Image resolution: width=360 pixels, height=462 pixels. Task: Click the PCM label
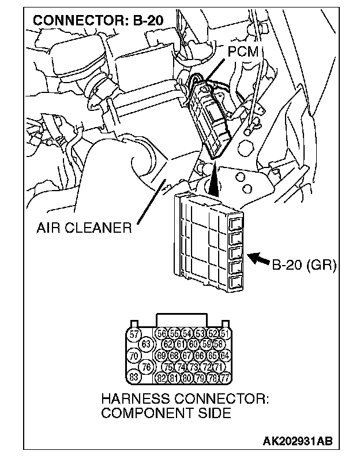tap(243, 53)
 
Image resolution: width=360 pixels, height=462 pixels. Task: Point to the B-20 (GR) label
tap(303, 265)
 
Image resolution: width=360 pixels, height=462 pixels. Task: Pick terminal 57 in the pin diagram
tap(134, 334)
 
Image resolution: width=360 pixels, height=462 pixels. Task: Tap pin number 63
tap(147, 345)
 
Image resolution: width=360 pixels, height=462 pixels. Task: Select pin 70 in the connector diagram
tap(134, 356)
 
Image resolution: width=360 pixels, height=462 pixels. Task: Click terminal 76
tap(147, 367)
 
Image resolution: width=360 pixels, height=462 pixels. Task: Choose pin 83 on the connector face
tap(134, 377)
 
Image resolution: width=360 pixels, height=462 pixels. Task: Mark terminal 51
tap(225, 334)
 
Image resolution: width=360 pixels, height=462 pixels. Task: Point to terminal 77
tap(225, 378)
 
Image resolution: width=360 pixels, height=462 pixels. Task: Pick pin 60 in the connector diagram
tap(193, 345)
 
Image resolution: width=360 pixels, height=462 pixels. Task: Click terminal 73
tap(193, 367)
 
